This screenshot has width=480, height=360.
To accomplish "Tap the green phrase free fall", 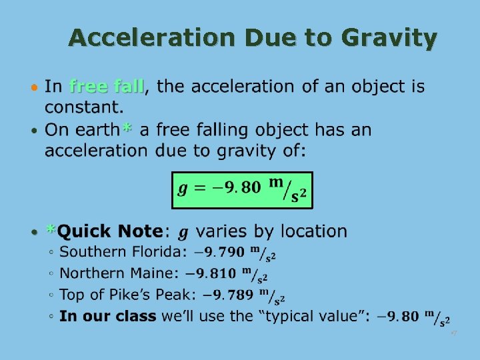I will tap(107, 87).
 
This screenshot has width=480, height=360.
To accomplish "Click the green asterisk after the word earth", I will tap(127, 129).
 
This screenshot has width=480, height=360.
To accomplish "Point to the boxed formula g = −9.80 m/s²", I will tap(241, 190).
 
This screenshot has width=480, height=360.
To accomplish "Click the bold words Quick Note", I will tap(110, 231).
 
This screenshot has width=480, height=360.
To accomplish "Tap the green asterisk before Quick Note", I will tap(51, 230).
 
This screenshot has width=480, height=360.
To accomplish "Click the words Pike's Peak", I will tap(159, 295).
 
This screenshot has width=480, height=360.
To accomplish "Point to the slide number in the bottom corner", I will tap(453, 332).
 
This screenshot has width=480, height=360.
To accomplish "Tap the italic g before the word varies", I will tap(183, 232).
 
